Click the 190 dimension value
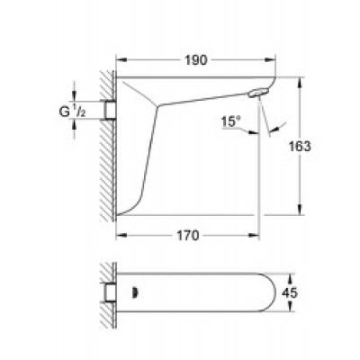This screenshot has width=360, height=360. [x=195, y=60]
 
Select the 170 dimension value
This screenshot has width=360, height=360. [x=187, y=236]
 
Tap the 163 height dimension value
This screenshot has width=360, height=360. [x=300, y=147]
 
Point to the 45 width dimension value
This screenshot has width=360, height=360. [x=290, y=292]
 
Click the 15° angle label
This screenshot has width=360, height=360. [x=231, y=121]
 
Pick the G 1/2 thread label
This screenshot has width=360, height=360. [x=72, y=112]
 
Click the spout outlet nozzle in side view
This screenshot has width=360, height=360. [x=257, y=93]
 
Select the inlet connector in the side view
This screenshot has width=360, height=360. [x=110, y=110]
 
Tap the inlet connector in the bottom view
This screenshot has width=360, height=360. [x=110, y=292]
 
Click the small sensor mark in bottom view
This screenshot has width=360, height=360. [x=136, y=292]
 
